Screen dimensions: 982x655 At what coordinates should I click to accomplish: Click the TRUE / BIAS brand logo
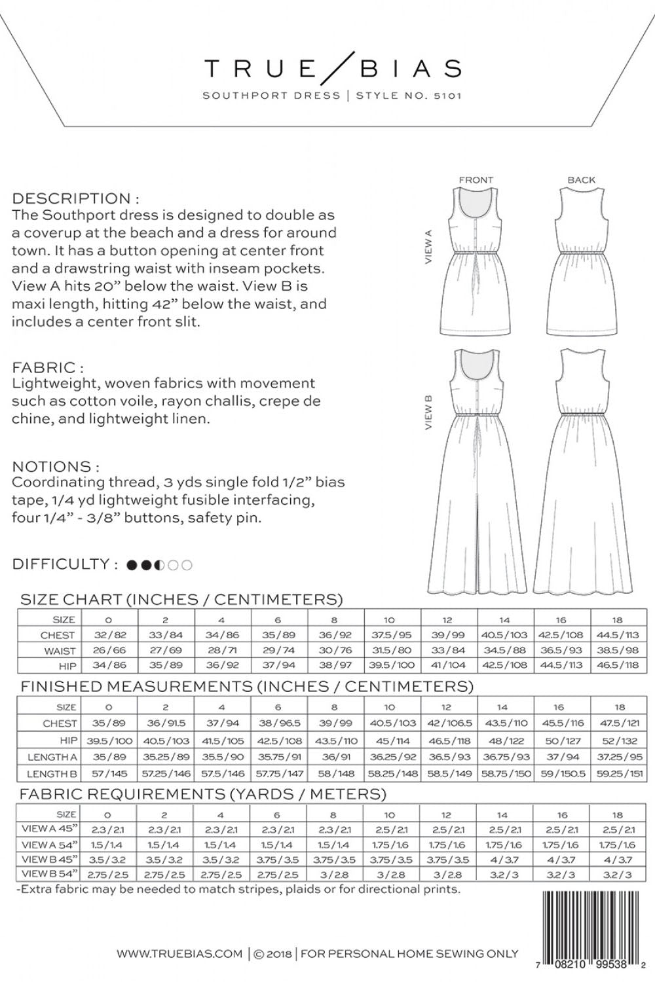(x=332, y=67)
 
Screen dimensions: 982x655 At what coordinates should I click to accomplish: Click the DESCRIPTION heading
(x=75, y=198)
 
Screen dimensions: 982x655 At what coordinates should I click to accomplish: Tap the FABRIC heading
(x=48, y=367)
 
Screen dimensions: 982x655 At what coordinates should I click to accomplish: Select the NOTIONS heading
(x=56, y=466)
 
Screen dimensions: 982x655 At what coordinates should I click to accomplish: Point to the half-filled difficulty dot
(x=159, y=564)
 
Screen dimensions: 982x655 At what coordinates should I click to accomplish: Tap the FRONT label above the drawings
(x=476, y=179)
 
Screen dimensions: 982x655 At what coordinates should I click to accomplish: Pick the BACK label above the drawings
(x=582, y=179)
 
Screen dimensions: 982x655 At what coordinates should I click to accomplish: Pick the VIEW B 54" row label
(x=50, y=873)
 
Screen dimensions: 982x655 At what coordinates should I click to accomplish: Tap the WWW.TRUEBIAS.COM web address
(x=179, y=954)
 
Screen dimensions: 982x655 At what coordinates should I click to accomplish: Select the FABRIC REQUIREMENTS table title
(x=202, y=794)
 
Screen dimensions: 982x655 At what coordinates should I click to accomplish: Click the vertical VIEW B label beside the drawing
(x=429, y=412)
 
